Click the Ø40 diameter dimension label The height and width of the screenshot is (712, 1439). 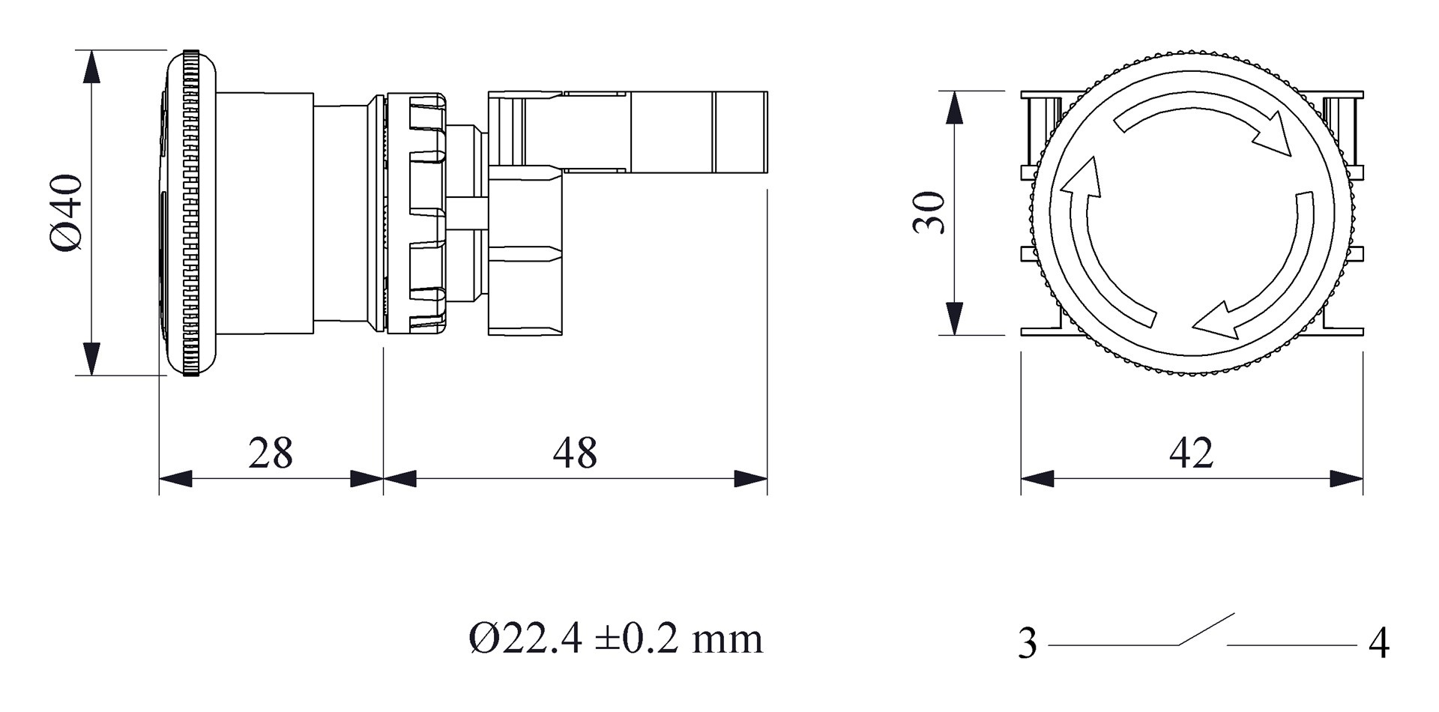[67, 213]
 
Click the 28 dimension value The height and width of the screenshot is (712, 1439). [270, 453]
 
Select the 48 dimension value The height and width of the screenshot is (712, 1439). [575, 453]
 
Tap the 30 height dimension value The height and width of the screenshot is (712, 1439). [930, 213]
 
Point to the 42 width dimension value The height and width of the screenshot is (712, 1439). [1191, 453]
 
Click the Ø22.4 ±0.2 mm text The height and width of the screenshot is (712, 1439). [615, 639]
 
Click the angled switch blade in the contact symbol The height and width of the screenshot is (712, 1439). [1207, 630]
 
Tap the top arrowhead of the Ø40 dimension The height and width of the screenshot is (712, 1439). [91, 66]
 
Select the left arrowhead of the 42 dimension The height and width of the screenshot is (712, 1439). [1037, 479]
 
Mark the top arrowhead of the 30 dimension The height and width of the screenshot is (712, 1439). [954, 106]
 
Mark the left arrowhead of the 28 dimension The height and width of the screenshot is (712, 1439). [175, 479]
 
